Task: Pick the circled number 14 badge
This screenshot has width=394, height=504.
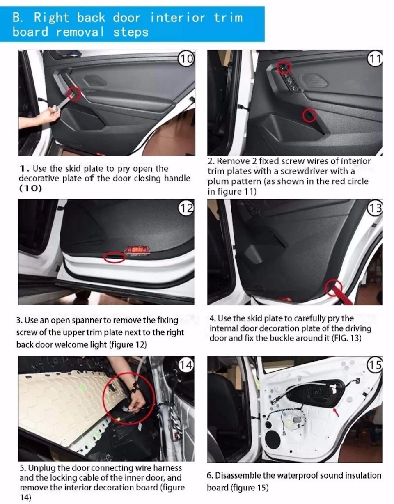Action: tap(186, 365)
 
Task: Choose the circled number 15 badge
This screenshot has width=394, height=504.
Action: tap(375, 365)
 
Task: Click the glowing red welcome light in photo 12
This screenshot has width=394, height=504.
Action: tap(137, 250)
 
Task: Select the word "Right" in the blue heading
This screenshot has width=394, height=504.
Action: tap(51, 18)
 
